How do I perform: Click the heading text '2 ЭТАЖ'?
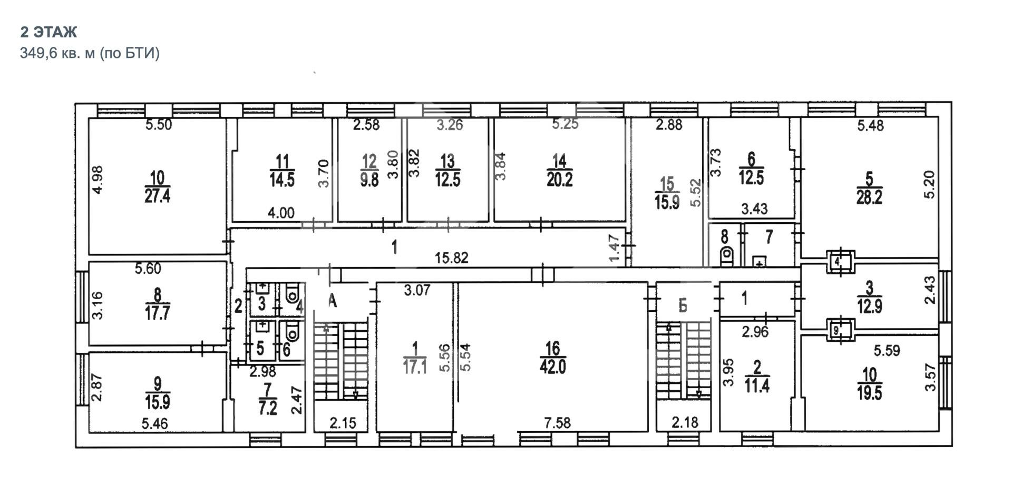48,32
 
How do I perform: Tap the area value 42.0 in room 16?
552,367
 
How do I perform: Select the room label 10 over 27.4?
157,187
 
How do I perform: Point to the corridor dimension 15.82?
451,258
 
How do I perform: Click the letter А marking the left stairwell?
332,301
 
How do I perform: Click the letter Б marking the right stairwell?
683,305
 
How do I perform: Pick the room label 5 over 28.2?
869,188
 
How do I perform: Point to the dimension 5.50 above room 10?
159,125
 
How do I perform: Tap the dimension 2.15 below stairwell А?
343,422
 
